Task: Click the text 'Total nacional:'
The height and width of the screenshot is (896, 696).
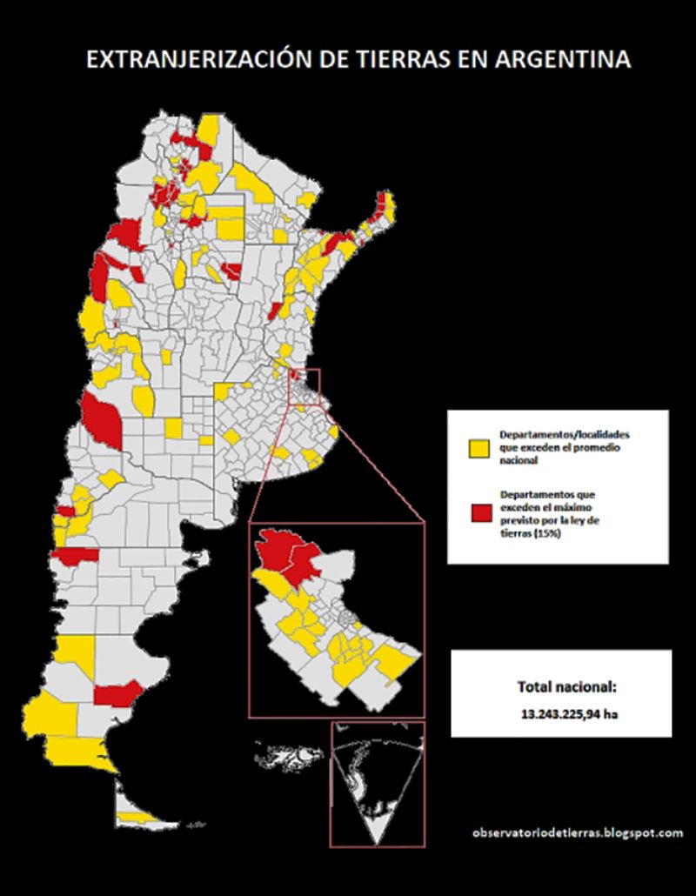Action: coord(566,686)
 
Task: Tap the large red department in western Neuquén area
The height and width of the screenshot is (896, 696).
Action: coord(103,418)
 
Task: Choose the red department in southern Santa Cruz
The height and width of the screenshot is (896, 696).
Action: coord(117,694)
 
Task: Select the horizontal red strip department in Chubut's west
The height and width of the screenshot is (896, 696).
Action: coord(77,554)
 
